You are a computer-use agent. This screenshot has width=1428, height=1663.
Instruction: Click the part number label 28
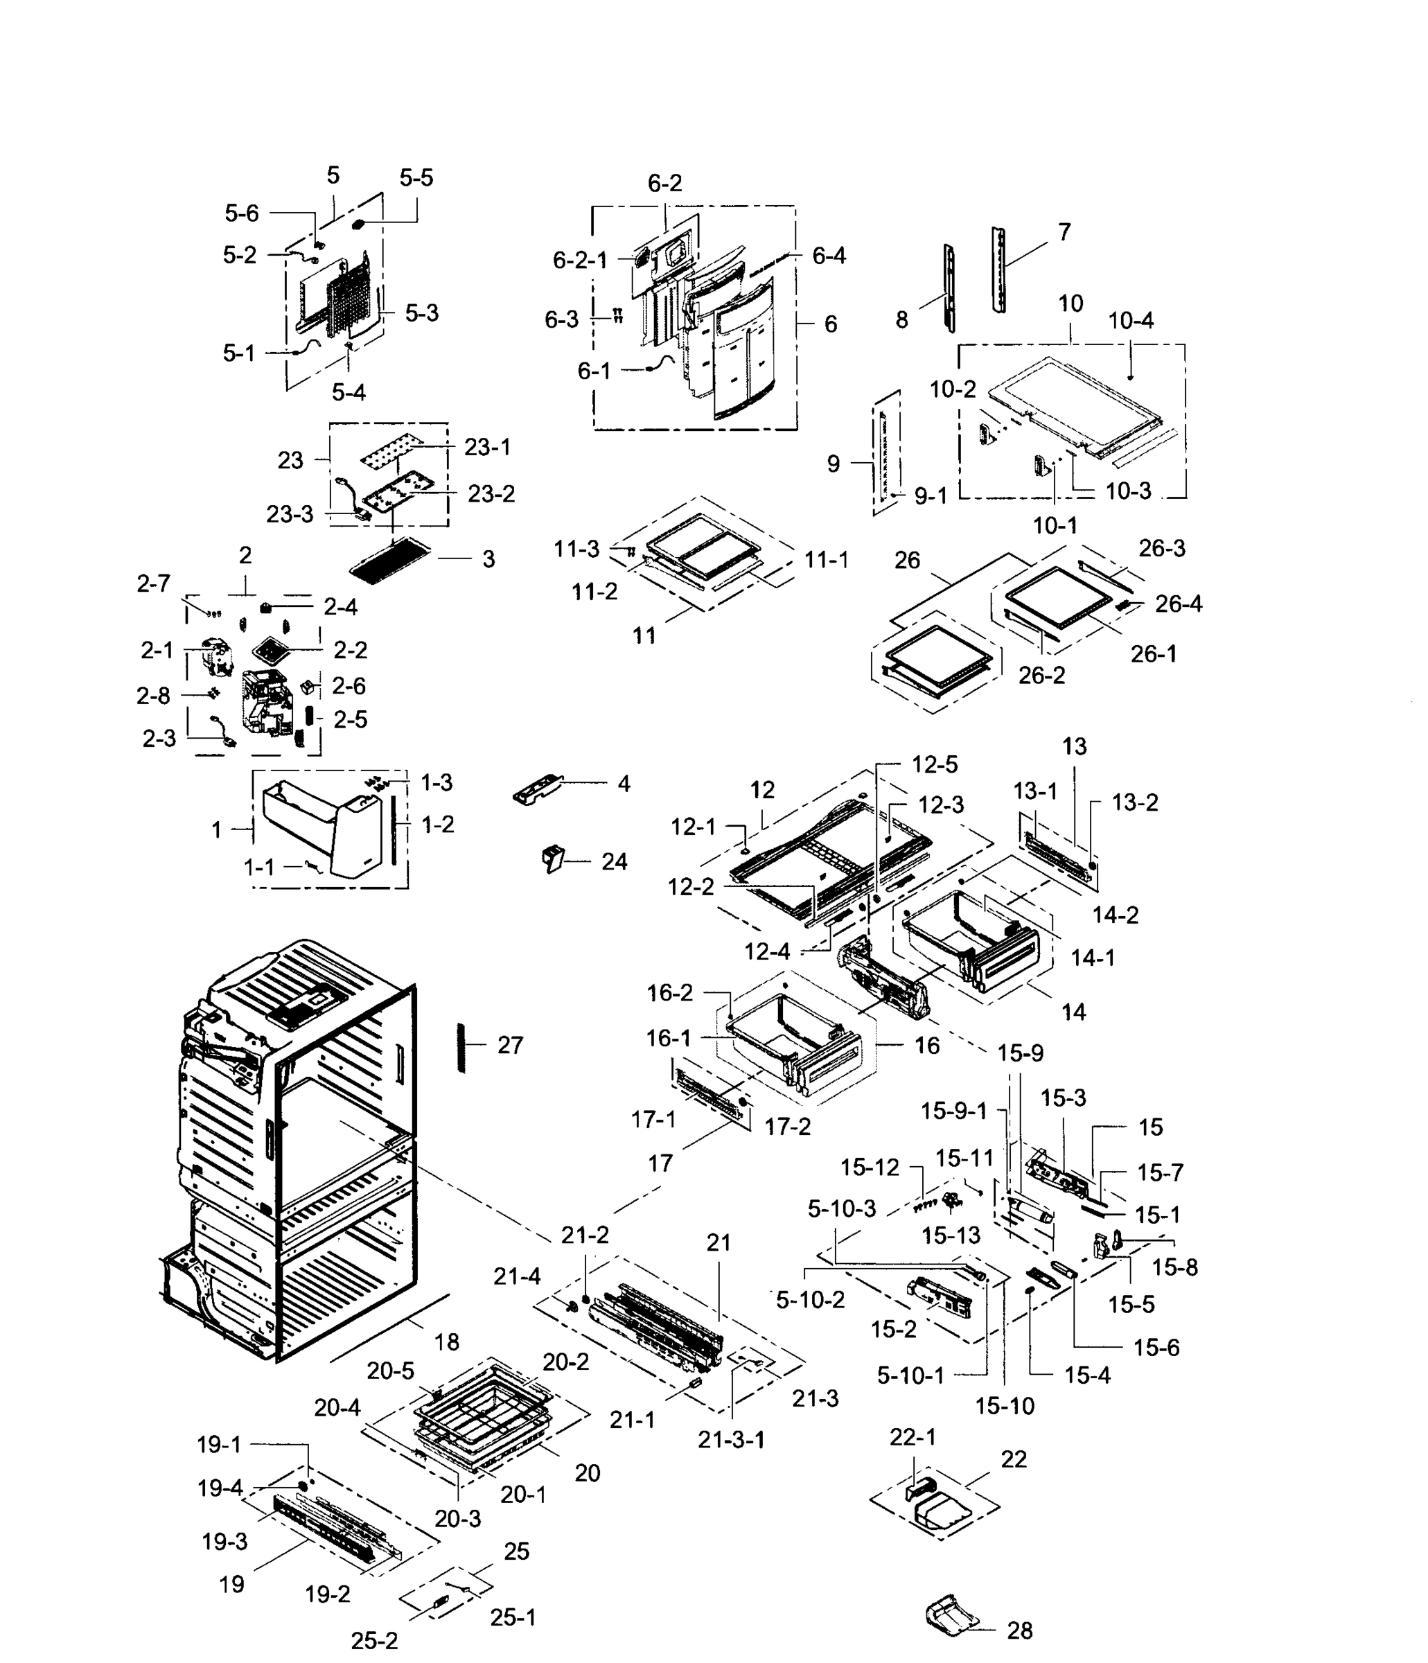click(1019, 1630)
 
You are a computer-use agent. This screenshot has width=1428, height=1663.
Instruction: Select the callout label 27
click(510, 1045)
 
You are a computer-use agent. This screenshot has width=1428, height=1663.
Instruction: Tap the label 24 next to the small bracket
click(614, 861)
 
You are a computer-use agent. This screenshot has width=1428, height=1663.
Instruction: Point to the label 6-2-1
click(579, 260)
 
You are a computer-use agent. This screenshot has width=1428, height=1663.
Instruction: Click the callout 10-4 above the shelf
click(1130, 320)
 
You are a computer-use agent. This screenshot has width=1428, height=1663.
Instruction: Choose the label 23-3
click(289, 513)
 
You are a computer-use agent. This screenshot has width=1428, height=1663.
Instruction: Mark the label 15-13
click(951, 1235)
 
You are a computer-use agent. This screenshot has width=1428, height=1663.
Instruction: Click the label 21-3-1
click(730, 1440)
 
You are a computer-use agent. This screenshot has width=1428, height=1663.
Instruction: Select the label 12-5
click(935, 765)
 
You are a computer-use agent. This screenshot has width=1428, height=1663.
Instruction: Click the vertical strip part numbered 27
click(461, 1048)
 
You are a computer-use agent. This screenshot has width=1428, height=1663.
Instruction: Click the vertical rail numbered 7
click(998, 269)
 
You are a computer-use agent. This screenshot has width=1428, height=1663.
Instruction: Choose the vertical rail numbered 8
click(950, 289)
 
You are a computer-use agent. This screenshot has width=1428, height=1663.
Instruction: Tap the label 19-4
click(220, 1488)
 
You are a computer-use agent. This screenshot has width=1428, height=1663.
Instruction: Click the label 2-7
click(153, 583)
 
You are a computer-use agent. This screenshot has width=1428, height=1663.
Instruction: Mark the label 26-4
click(1179, 604)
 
